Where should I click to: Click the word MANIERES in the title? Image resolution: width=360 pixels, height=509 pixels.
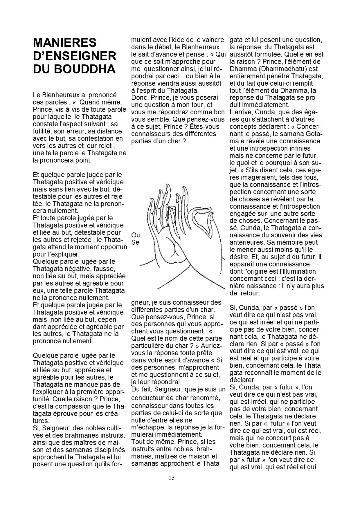pos(64,43)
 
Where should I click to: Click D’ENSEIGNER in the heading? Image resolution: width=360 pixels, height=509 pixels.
pos(75,56)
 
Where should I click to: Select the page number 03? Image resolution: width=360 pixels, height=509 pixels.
pos(171,478)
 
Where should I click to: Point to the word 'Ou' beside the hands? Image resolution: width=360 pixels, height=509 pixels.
pos(135,235)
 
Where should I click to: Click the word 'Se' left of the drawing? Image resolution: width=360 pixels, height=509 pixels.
pos(135,242)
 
